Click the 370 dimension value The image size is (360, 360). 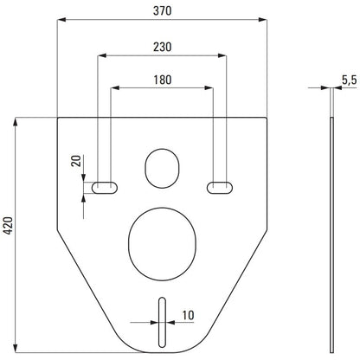(x=162, y=10)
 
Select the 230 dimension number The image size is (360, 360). (x=162, y=47)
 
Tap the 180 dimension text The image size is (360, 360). (x=162, y=80)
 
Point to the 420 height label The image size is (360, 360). (x=9, y=225)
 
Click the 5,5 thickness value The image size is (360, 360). (x=350, y=80)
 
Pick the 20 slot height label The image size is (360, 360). (x=76, y=161)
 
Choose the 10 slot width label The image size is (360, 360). (x=188, y=315)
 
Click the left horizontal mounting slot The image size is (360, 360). (x=105, y=188)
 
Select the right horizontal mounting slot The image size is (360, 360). (x=220, y=188)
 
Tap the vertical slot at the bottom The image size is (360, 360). (x=162, y=322)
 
